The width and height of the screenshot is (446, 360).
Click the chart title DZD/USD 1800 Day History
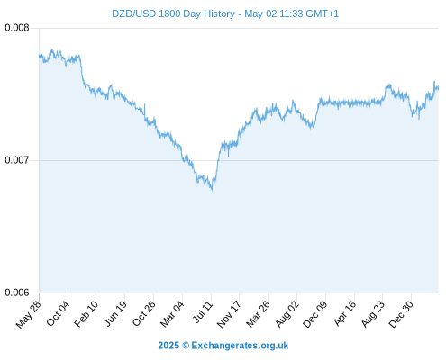point(173,13)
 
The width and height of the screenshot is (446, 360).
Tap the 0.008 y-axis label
point(17,28)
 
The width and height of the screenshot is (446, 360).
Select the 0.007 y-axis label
point(17,160)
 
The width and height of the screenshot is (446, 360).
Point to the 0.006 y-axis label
point(17,292)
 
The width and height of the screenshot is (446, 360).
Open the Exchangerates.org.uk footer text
point(240,346)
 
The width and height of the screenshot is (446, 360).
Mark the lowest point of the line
point(212,190)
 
